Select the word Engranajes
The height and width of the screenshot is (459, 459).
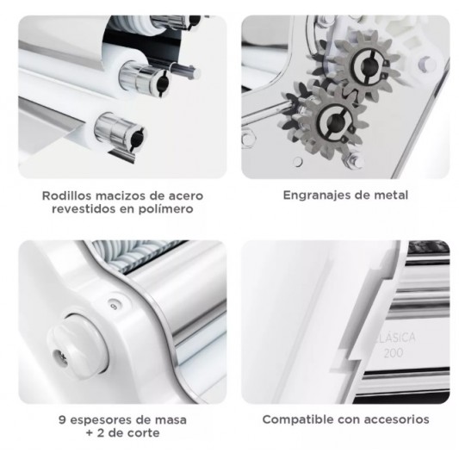(316, 195)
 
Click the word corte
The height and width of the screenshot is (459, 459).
(146, 432)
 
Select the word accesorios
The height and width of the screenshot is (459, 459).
(400, 419)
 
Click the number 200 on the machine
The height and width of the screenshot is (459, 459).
(394, 353)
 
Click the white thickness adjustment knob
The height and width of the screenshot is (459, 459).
(78, 346)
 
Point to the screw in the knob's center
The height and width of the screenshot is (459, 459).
(60, 357)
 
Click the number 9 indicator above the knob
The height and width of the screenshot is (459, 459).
(114, 306)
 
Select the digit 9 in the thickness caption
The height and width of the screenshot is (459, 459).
(62, 420)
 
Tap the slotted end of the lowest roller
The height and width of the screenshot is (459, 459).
(136, 138)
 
